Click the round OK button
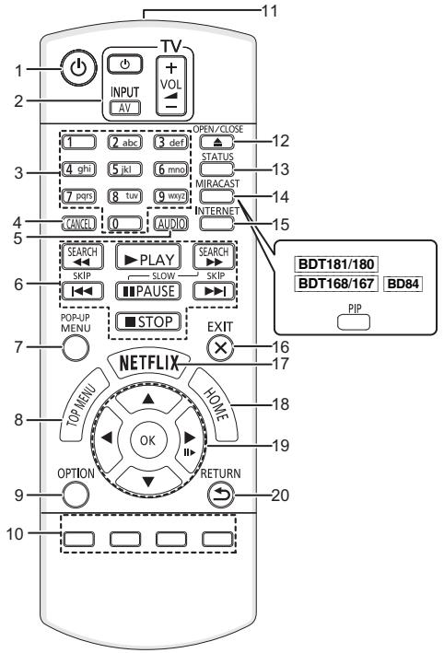(x=148, y=440)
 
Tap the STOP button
(x=148, y=321)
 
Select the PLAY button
(x=148, y=257)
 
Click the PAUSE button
(x=148, y=290)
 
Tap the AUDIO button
(x=170, y=224)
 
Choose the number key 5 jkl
(x=125, y=169)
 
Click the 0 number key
(x=125, y=224)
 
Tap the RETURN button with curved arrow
(x=221, y=495)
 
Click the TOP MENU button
(x=82, y=405)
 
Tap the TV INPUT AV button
(x=125, y=108)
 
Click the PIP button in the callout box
(x=354, y=322)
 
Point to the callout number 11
(x=270, y=10)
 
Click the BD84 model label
(x=403, y=284)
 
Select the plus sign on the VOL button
(x=171, y=67)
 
